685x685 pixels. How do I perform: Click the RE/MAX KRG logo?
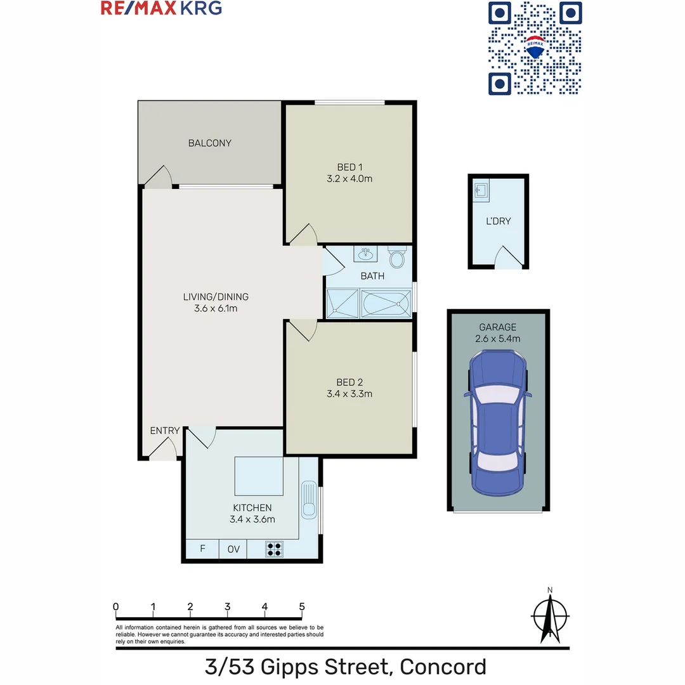161,8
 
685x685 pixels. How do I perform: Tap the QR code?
535,48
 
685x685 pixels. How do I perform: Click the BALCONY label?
209,143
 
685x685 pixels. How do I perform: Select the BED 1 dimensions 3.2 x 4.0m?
346,179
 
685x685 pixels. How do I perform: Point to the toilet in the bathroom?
397,257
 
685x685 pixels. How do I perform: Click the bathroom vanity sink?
365,254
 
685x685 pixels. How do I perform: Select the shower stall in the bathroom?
342,304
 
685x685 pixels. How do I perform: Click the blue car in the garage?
498,425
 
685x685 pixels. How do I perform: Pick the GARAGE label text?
497,327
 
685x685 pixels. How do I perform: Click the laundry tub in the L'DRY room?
480,190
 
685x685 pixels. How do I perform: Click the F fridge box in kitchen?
202,549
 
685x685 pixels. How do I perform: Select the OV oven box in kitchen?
233,549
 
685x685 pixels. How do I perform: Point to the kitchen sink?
309,500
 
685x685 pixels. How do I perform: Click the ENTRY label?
164,431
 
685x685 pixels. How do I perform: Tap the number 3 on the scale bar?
227,606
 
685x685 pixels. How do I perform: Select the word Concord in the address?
444,667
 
